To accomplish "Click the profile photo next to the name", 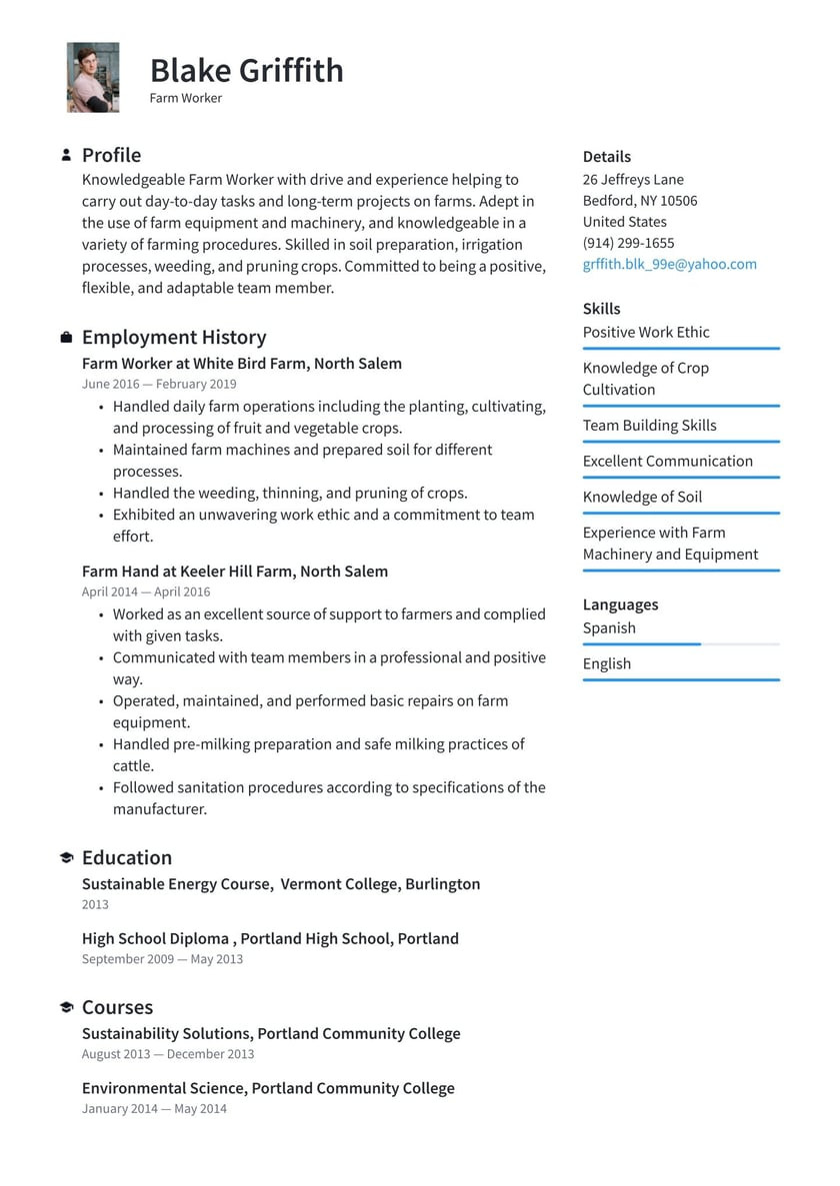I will coord(93,77).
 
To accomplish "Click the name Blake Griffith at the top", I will coord(246,70).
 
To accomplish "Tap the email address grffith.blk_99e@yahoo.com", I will coord(669,264).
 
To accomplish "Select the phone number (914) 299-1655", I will coord(628,243).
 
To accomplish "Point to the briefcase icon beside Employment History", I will coord(66,338).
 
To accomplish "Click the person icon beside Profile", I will coord(66,155).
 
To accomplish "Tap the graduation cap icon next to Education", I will coord(66,858).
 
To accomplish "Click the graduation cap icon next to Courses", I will coord(66,1008).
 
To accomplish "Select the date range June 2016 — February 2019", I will coord(159,384).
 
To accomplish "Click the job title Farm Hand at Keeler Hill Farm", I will coord(235,572).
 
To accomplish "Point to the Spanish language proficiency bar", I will coord(680,644).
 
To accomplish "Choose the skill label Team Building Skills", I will coord(649,426).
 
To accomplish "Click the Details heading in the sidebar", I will coord(606,157).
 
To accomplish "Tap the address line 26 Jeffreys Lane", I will coord(633,180).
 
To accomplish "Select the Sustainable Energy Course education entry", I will coord(280,884).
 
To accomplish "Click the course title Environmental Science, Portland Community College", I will coord(268,1088).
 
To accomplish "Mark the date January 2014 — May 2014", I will coord(154,1108).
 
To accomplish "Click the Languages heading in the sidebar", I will coord(620,604).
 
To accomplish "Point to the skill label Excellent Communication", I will coord(667,462).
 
